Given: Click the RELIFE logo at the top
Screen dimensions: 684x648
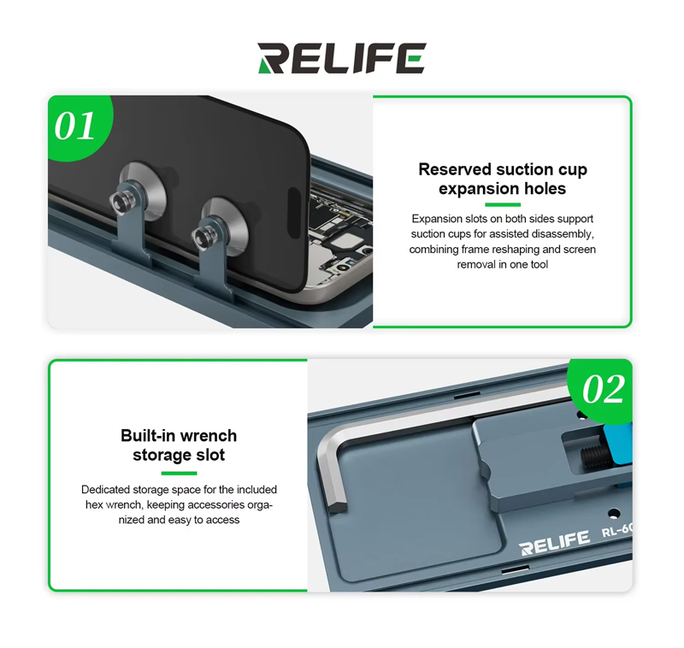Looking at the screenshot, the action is [341, 58].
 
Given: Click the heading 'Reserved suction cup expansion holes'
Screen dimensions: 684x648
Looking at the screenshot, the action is [503, 179].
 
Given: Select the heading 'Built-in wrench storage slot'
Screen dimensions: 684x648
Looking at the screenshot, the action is [179, 445].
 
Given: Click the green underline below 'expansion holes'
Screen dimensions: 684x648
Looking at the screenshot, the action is [503, 204].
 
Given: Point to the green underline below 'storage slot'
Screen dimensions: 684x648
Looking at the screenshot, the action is [179, 473].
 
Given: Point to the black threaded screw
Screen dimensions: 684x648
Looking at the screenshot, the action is [596, 457].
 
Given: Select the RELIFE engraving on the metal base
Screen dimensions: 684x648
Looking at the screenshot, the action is [554, 543].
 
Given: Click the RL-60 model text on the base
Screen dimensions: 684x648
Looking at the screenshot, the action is [616, 530].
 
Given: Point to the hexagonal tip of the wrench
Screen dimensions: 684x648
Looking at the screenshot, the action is [338, 507].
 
